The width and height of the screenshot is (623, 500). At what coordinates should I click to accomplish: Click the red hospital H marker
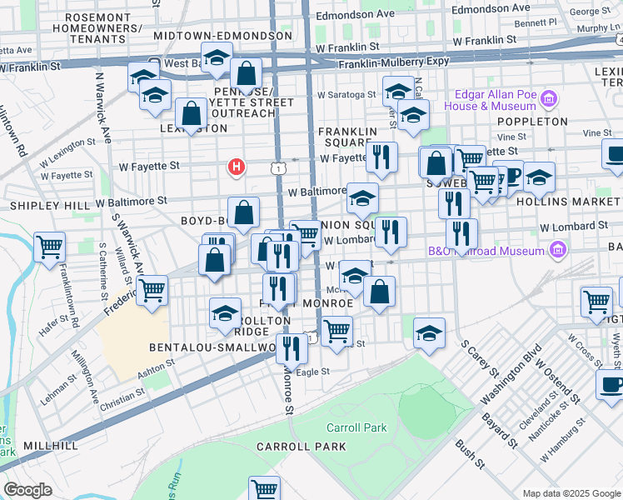(x=237, y=167)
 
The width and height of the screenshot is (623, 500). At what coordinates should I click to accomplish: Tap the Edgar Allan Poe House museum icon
(x=548, y=101)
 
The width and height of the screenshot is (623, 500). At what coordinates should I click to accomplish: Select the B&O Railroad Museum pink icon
(x=558, y=249)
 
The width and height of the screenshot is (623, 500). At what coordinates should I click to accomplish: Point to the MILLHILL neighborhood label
(x=49, y=446)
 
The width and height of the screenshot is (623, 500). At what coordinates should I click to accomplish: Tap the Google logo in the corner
(x=27, y=490)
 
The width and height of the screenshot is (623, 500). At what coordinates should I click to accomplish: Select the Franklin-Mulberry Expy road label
(x=390, y=61)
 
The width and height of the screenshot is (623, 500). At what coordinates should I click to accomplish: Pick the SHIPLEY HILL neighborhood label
(x=49, y=205)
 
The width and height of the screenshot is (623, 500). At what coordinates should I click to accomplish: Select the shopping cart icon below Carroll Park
(x=264, y=489)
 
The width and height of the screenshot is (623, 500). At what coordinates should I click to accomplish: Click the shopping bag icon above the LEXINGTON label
(x=192, y=112)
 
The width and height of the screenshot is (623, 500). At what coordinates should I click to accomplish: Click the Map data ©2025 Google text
(x=571, y=493)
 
